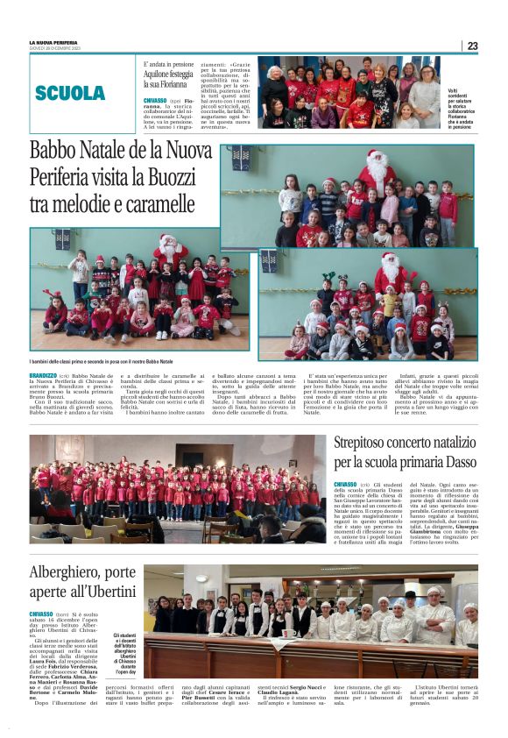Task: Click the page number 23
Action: pos(472,46)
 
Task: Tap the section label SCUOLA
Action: pos(70,93)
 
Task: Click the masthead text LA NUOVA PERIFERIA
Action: pos(54,42)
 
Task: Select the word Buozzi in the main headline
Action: pos(178,179)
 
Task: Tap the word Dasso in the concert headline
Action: pos(459,462)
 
